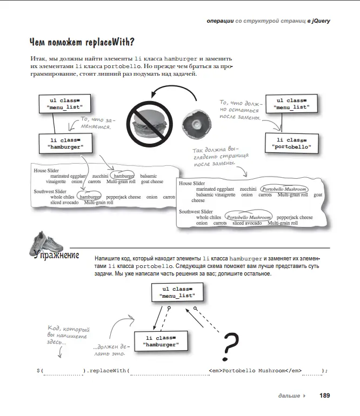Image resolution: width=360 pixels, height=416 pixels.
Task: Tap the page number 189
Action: coord(324,395)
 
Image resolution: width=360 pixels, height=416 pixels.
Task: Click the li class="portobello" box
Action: coord(291,143)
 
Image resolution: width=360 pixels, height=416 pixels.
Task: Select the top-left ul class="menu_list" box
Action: coord(64,104)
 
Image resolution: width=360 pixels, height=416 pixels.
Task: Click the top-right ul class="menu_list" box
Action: coord(291,104)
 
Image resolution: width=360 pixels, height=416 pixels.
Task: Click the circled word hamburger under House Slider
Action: coord(123,176)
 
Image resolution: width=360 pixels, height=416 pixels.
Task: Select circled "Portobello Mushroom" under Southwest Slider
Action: coord(249,217)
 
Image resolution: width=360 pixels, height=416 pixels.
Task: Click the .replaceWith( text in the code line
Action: coord(108,371)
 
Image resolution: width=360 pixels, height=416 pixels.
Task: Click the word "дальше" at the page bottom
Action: coord(289,395)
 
